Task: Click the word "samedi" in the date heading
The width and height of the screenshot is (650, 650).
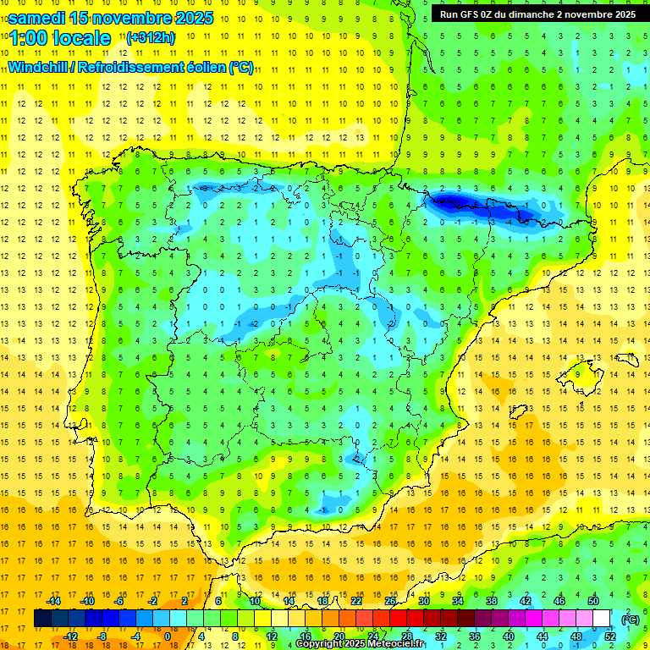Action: click(40, 18)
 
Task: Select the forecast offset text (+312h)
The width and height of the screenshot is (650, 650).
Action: click(150, 37)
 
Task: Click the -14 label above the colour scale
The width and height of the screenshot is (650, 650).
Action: click(53, 601)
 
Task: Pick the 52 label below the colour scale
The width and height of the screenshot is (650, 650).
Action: click(611, 636)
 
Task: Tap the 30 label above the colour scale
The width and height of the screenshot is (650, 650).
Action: click(423, 601)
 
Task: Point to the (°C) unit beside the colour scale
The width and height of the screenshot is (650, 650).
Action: click(630, 620)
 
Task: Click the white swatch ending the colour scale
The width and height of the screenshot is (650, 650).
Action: click(602, 619)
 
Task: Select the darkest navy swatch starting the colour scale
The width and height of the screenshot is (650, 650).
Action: click(42, 619)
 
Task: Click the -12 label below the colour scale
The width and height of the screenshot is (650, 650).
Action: click(71, 636)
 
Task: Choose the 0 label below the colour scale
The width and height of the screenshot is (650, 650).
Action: click(167, 636)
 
